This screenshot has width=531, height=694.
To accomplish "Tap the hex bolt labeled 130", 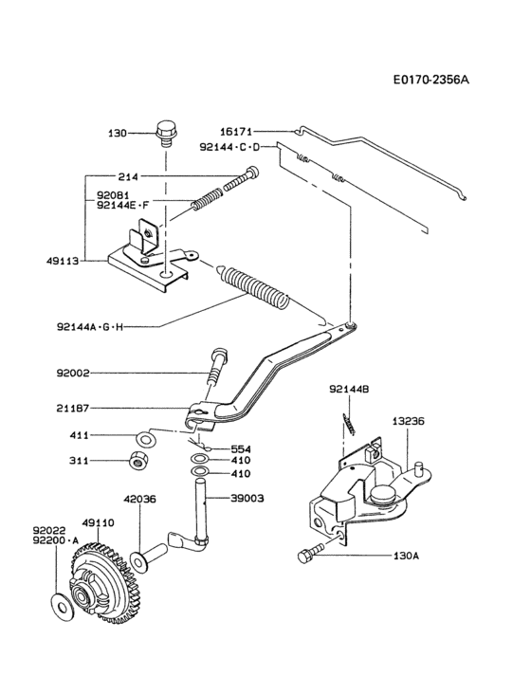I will click(x=166, y=133).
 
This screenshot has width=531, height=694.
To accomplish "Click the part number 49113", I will click(x=64, y=256).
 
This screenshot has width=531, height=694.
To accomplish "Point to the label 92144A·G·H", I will click(x=90, y=327).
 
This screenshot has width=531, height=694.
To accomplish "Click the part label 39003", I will click(x=247, y=497).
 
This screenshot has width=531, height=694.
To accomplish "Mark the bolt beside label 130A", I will click(x=310, y=557).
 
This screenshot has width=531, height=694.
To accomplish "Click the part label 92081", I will click(x=115, y=195).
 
